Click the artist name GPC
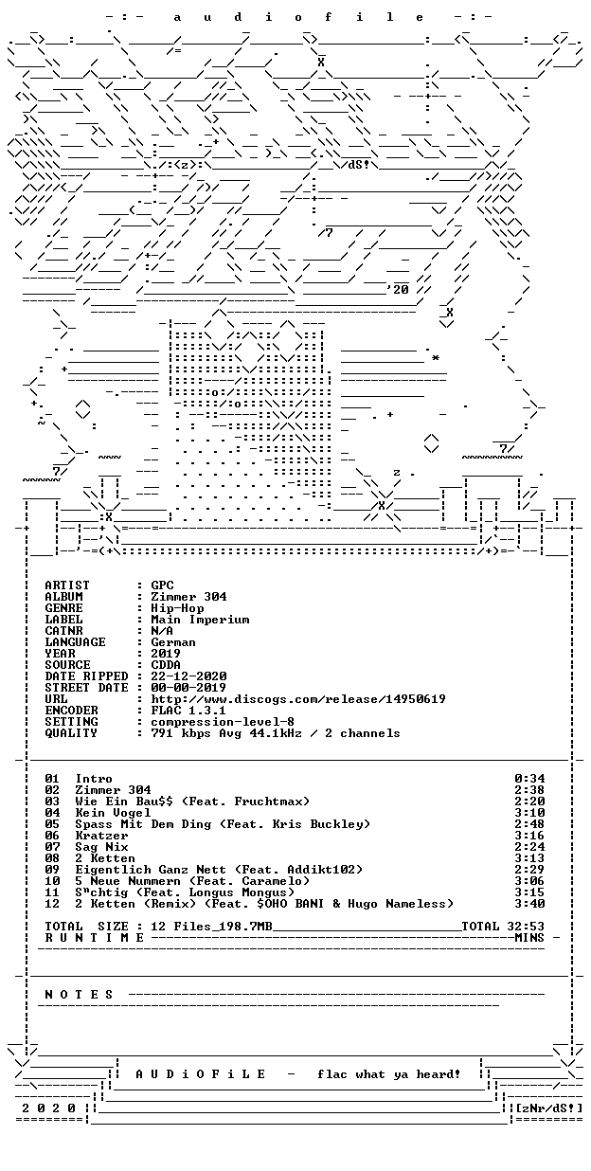[162, 585]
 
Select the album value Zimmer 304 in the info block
[188, 597]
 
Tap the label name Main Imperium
[200, 620]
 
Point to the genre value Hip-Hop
[177, 608]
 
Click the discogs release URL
[298, 699]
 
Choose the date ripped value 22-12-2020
[188, 676]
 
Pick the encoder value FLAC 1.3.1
[188, 711]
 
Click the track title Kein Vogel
[113, 814]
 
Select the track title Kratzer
[101, 836]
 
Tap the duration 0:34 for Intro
[529, 779]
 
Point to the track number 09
[52, 870]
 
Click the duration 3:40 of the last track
[529, 904]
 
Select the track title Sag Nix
[101, 847]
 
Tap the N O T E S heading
[79, 995]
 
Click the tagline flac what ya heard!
[388, 1074]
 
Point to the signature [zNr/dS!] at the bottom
[548, 1108]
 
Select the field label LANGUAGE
[75, 642]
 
